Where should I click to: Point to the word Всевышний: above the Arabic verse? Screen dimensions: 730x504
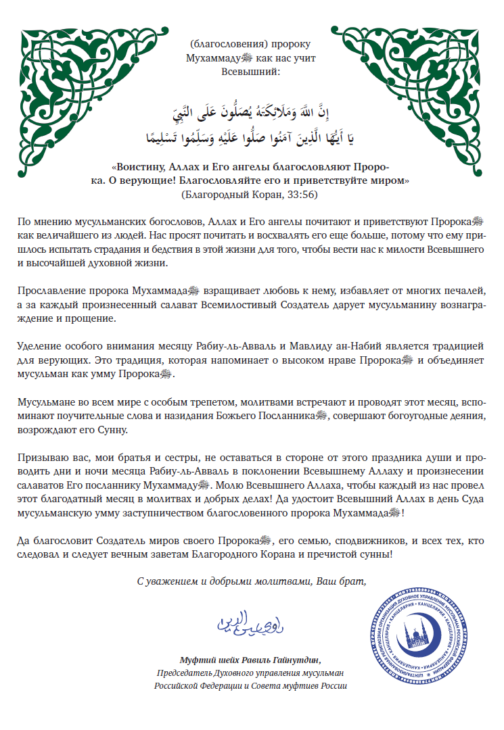(250, 71)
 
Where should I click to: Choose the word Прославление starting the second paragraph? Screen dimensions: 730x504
(48, 291)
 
